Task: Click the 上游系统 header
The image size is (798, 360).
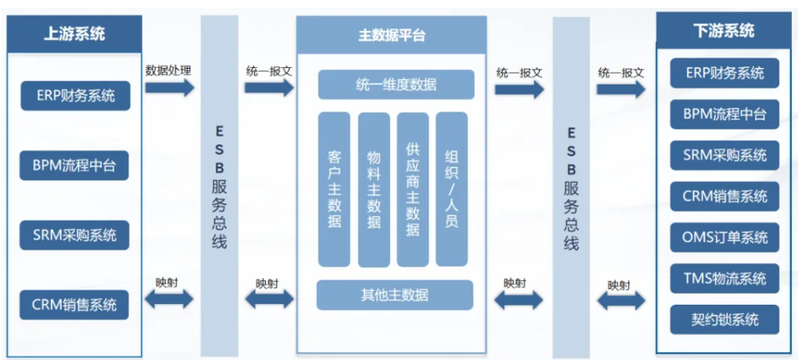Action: [74, 34]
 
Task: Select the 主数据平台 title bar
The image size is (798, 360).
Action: [392, 36]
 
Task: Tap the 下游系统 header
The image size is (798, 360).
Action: [724, 32]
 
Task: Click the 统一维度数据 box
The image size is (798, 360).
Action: [396, 84]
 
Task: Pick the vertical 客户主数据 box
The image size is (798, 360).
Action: [334, 189]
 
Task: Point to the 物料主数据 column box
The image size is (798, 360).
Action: [373, 189]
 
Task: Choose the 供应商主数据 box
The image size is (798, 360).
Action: [412, 189]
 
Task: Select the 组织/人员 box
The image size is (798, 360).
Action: [451, 189]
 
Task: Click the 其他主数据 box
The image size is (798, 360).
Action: [395, 294]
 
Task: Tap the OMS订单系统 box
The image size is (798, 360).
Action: [725, 237]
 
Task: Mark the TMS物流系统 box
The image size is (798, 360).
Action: [725, 278]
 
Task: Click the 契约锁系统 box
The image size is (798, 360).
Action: [725, 319]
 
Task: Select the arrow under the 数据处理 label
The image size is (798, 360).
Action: [169, 88]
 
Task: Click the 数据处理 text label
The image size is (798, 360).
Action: [168, 69]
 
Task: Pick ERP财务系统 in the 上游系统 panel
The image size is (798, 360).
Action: [75, 96]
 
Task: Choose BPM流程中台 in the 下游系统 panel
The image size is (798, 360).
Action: [725, 114]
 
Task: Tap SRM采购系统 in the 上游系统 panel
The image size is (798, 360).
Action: [75, 234]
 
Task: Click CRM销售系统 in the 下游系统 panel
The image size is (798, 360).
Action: [725, 196]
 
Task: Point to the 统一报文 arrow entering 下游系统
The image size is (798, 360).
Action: [620, 88]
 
